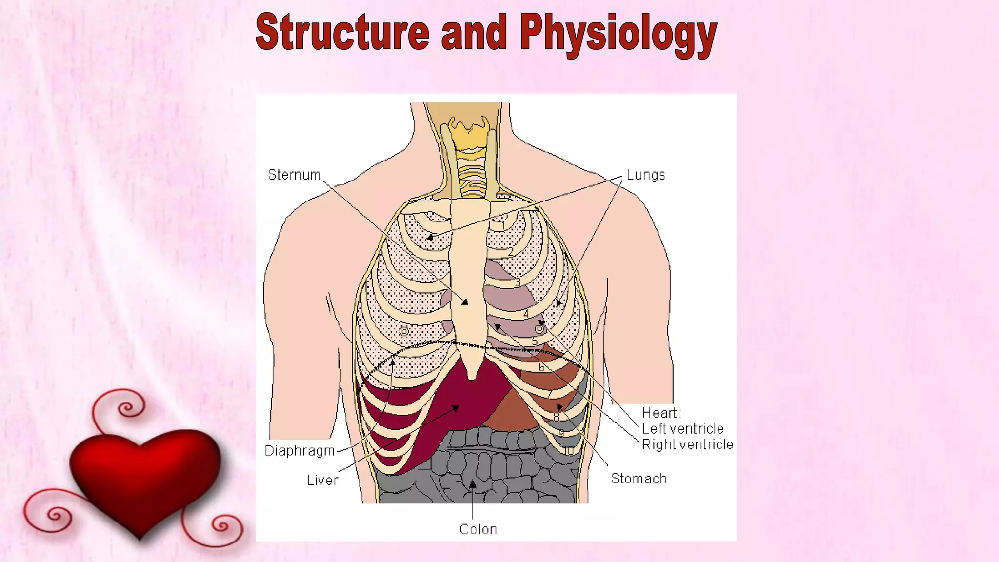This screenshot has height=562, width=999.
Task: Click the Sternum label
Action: pyautogui.click(x=294, y=175)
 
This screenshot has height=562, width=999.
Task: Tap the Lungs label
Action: pyautogui.click(x=645, y=175)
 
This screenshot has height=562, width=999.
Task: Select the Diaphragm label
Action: pyautogui.click(x=300, y=451)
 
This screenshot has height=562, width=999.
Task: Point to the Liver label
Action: pyautogui.click(x=322, y=481)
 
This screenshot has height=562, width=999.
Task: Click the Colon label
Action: pyautogui.click(x=478, y=529)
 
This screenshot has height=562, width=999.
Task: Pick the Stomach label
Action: pyautogui.click(x=639, y=479)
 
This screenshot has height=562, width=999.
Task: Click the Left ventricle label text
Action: pyautogui.click(x=682, y=429)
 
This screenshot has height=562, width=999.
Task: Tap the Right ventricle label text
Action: pyautogui.click(x=687, y=444)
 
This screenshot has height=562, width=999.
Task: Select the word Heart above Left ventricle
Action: pyautogui.click(x=659, y=413)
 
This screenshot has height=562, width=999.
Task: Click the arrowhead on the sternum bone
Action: pyautogui.click(x=465, y=302)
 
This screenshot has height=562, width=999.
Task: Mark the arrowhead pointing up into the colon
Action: pyautogui.click(x=473, y=483)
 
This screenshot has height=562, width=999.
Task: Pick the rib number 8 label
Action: pyautogui.click(x=557, y=417)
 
